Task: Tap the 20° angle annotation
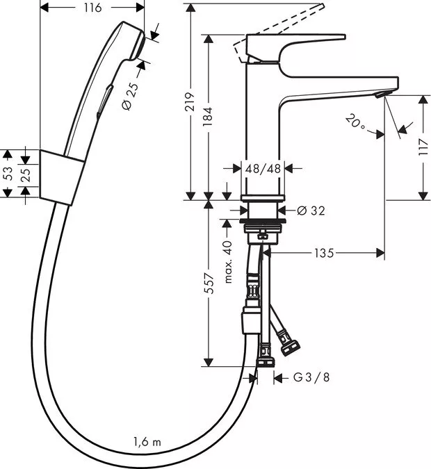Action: click(x=355, y=124)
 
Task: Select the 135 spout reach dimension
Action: click(x=324, y=253)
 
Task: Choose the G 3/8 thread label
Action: click(x=311, y=377)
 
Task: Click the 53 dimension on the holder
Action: click(x=8, y=174)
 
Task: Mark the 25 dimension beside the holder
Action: click(x=26, y=174)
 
